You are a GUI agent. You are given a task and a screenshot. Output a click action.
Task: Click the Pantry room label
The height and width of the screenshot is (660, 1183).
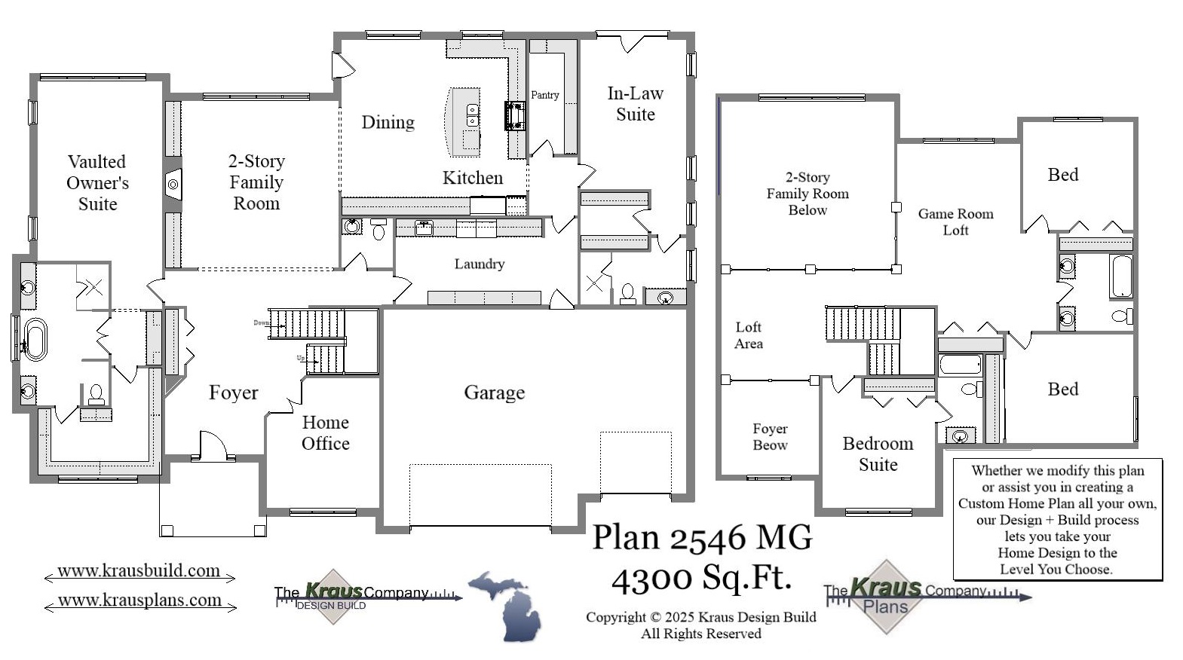coord(544,95)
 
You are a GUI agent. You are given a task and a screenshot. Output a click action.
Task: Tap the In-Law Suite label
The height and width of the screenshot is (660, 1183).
coord(635,104)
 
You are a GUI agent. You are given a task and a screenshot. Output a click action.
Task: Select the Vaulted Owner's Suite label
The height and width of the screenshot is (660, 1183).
coord(97,182)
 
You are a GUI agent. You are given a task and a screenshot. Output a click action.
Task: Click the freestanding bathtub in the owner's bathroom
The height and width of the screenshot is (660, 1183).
coord(35,338)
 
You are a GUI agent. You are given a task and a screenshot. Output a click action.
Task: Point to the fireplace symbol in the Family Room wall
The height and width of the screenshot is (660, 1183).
coord(173,184)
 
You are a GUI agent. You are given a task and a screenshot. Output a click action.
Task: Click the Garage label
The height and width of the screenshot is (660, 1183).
coord(494,392)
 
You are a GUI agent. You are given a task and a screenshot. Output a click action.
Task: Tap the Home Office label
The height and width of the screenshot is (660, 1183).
coord(325,432)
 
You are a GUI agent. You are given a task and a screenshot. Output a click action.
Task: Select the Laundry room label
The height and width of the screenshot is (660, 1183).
coord(479,264)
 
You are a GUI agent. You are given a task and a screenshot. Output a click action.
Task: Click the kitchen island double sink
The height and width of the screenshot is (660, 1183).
coord(473,115)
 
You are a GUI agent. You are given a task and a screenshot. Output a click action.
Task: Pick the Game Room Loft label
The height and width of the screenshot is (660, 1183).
coord(955,222)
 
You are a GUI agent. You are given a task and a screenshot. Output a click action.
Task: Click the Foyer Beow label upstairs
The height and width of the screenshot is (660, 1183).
coord(770,436)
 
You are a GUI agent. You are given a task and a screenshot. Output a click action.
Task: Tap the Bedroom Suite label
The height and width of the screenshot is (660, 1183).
coord(878,454)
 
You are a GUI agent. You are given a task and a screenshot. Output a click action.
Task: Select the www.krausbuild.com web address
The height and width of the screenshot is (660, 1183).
coord(139,571)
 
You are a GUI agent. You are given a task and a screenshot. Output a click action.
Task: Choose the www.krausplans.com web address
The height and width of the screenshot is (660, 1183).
coord(139,600)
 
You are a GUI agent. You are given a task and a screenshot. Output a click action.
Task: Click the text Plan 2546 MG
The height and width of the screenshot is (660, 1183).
coord(702,538)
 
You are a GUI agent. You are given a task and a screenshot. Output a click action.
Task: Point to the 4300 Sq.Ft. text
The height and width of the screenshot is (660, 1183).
coord(701,578)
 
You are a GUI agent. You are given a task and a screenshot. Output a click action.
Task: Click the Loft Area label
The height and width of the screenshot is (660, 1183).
coord(748,335)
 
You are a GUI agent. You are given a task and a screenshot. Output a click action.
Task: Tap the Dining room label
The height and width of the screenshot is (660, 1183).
coord(388,122)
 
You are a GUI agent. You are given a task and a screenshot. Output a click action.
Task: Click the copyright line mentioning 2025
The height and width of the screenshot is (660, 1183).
coord(700,617)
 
